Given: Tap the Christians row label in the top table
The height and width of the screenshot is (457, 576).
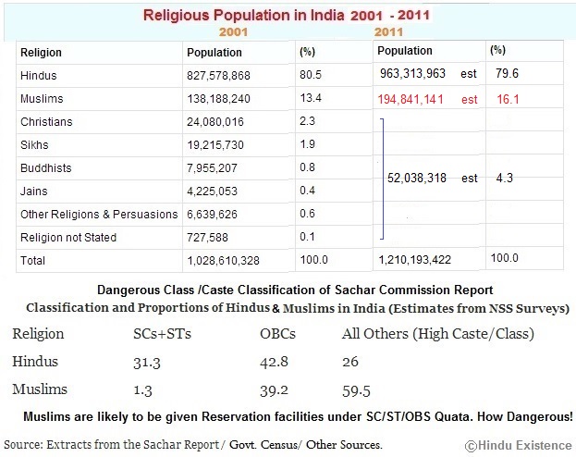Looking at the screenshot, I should pyautogui.click(x=46, y=122).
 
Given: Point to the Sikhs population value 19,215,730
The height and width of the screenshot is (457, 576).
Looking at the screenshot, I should pyautogui.click(x=218, y=145).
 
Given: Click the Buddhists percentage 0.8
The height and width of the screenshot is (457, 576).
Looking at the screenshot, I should pyautogui.click(x=308, y=168).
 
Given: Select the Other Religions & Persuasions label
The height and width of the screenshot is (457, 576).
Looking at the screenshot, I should pyautogui.click(x=99, y=215).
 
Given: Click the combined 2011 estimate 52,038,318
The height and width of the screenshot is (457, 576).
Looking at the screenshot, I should pyautogui.click(x=423, y=179).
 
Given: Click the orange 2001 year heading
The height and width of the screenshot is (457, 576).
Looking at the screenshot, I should pyautogui.click(x=235, y=31).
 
